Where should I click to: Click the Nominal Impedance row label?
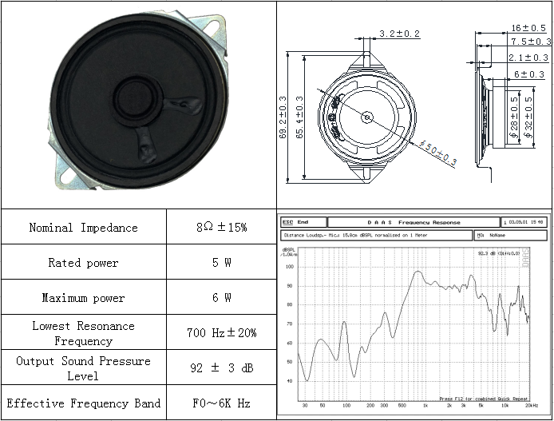click(x=83, y=228)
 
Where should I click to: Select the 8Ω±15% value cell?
click(x=221, y=228)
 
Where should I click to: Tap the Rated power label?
click(x=83, y=263)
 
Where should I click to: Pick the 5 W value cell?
click(x=221, y=263)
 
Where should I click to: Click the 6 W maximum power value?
click(x=221, y=298)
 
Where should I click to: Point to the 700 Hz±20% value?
click(x=221, y=333)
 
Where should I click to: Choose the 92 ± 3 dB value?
click(x=221, y=368)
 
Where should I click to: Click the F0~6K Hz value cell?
click(x=221, y=403)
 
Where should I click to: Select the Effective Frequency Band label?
click(x=83, y=403)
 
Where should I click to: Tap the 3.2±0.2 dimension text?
click(x=399, y=34)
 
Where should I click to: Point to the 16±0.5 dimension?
click(x=528, y=28)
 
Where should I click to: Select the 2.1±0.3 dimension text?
click(x=528, y=58)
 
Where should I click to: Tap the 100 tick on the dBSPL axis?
click(x=289, y=267)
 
